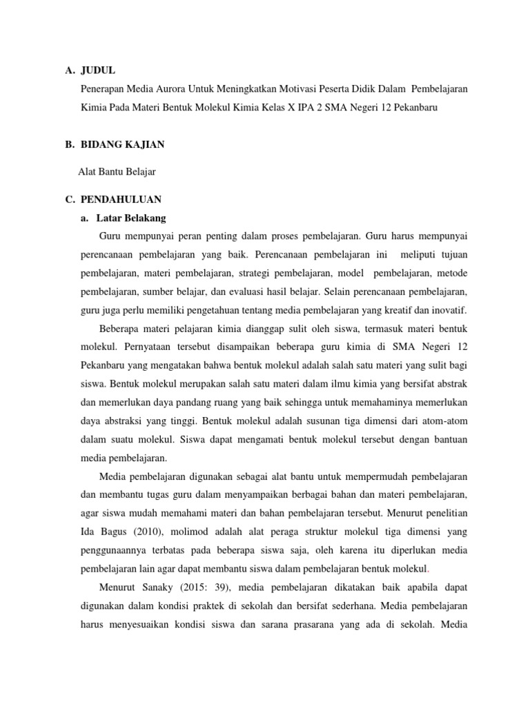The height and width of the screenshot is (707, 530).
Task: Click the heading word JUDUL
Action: pyautogui.click(x=98, y=70)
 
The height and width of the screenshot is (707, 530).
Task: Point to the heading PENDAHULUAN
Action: pyautogui.click(x=121, y=200)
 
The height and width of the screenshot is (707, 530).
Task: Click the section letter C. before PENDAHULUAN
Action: pyautogui.click(x=69, y=200)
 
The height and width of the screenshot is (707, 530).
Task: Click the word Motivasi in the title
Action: pyautogui.click(x=293, y=90)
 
